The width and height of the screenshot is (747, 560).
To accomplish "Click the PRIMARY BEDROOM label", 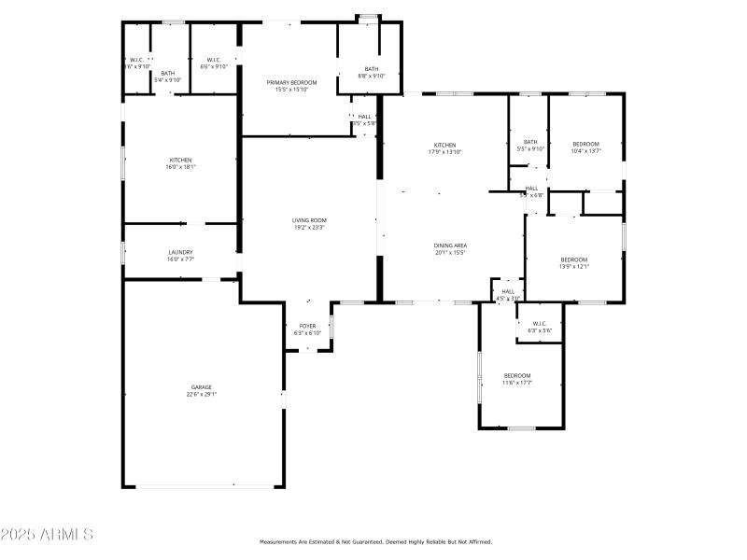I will click(x=291, y=83).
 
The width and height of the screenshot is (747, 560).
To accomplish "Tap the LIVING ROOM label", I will click(x=309, y=220).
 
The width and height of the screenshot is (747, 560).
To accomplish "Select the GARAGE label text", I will click(x=202, y=386).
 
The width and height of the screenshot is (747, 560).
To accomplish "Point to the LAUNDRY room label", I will click(x=180, y=252).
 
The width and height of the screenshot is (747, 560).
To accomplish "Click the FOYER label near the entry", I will click(x=307, y=326).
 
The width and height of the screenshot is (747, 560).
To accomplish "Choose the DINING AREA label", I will click(x=450, y=245).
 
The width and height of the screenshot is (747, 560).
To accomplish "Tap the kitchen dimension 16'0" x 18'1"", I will click(x=180, y=167).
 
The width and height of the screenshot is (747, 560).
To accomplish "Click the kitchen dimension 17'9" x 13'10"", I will click(x=444, y=152).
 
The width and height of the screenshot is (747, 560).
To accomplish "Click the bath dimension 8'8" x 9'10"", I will click(x=372, y=77).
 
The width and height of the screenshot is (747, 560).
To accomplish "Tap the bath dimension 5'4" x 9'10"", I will click(x=168, y=80).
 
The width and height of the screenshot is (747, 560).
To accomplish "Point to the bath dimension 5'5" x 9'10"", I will click(x=530, y=149).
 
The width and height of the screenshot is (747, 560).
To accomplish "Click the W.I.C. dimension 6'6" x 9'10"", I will click(x=214, y=66).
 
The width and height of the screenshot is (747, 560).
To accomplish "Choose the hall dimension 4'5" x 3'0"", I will click(x=508, y=299).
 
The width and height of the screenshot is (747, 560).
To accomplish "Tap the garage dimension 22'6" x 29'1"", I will click(x=202, y=395).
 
